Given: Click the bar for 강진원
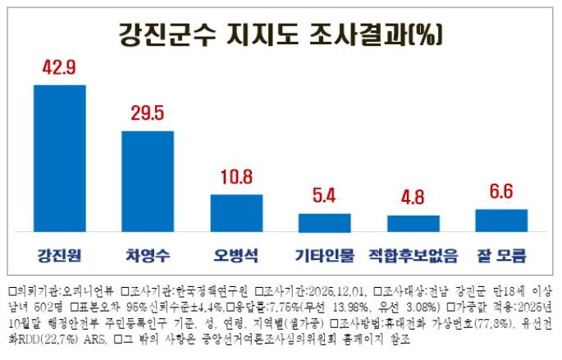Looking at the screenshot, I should point(60,158).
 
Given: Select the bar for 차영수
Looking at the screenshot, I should point(148,181).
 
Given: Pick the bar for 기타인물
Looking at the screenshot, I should point(325,223).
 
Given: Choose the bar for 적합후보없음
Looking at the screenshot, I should point(413,224).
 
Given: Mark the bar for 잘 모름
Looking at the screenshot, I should point(501,221).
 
